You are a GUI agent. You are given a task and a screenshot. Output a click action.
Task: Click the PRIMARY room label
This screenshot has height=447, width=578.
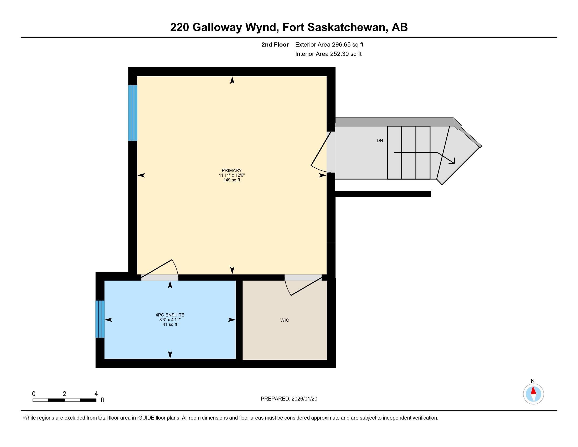tap(231, 171)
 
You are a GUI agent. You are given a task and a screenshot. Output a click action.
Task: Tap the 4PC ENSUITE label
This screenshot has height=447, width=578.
tap(170, 315)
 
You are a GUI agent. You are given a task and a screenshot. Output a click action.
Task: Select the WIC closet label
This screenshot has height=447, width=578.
tap(285, 320)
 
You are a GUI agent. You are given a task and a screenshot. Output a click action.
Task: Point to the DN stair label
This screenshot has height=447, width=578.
tap(380, 141)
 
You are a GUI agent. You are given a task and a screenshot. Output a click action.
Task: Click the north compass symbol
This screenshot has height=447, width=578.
tap(533, 394)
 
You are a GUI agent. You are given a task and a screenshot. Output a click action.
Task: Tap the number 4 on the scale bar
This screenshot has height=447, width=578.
tap(96, 394)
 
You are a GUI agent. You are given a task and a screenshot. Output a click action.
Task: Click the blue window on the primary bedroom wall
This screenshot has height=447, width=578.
tap(133, 113)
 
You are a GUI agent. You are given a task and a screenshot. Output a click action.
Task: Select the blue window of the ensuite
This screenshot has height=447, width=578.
tap(100, 319)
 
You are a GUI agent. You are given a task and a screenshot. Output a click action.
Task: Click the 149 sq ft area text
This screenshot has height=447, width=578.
tap(231, 180)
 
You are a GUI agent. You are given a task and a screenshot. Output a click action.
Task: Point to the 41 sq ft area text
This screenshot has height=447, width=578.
tap(170, 324)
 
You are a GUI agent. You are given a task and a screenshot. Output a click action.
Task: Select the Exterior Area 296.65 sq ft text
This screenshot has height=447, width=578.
tap(329, 45)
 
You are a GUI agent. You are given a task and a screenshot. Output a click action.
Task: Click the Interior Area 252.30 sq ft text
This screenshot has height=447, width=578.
tap(328, 54)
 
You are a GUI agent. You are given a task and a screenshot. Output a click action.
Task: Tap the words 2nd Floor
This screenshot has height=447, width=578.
tap(275, 45)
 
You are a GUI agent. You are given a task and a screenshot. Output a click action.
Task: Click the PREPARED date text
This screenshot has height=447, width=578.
tap(289, 399)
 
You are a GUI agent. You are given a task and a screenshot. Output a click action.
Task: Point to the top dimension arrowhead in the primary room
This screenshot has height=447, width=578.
tap(232, 80)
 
